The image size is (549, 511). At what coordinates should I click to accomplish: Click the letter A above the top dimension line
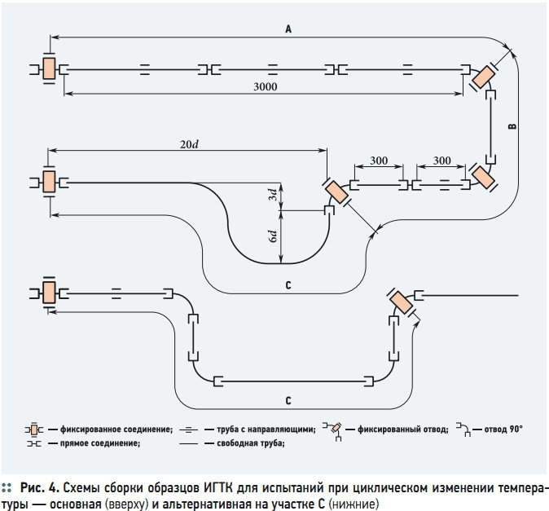point(288,29)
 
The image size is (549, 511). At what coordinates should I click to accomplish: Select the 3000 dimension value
point(266,86)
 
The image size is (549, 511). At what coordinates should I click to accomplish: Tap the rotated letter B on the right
point(512,126)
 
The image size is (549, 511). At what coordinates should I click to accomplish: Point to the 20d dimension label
point(189,144)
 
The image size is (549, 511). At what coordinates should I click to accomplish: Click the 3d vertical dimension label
point(273,195)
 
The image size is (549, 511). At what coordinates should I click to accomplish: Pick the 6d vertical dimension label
point(273,236)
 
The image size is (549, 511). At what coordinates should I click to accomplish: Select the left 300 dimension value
point(379,161)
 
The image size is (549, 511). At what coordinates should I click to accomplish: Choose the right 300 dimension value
point(441,161)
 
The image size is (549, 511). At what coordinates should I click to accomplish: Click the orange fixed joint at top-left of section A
point(49,68)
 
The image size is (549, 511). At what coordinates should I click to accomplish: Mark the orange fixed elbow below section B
point(483,176)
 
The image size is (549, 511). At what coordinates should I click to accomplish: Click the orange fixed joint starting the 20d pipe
point(49,182)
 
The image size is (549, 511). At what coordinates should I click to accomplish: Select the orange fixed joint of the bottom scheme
point(49,293)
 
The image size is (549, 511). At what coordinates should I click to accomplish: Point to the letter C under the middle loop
point(288,285)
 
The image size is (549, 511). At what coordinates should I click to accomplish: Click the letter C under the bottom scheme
point(288,400)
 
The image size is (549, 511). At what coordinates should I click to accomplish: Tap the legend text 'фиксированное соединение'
point(116,430)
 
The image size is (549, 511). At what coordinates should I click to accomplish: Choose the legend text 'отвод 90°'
point(503,429)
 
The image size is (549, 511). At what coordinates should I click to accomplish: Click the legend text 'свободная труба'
point(250,443)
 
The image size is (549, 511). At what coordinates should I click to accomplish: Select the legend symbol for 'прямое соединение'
point(34,443)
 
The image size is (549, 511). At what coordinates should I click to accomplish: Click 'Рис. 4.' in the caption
point(40,488)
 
